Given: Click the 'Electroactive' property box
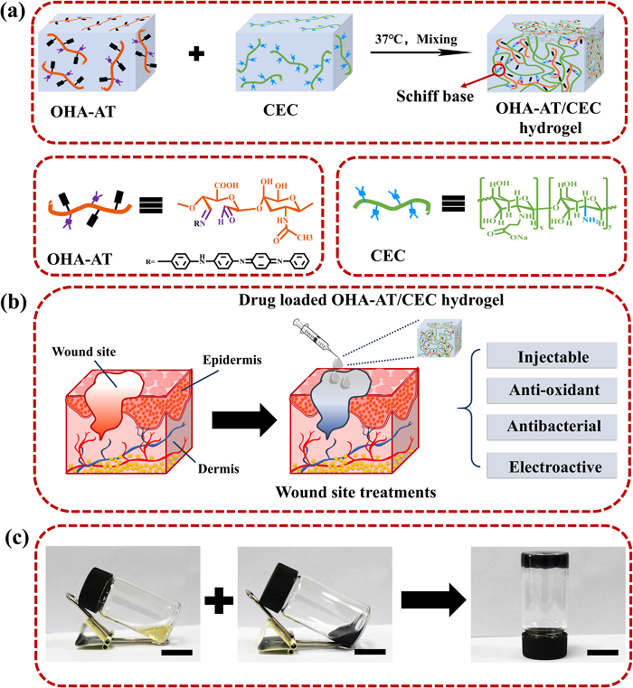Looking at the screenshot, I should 553,467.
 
